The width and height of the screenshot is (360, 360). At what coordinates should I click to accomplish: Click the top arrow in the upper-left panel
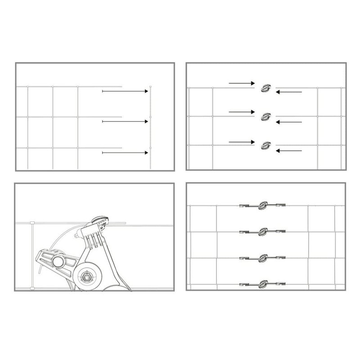pyautogui.click(x=126, y=91)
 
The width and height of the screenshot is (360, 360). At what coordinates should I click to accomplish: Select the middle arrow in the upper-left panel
pyautogui.click(x=126, y=121)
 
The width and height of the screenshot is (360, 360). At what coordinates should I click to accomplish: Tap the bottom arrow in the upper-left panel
pyautogui.click(x=126, y=153)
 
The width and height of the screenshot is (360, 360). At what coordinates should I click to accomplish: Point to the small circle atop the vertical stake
pyautogui.click(x=150, y=85)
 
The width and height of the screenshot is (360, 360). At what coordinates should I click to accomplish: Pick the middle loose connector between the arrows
pyautogui.click(x=266, y=116)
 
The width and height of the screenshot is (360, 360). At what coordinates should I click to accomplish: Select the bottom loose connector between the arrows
pyautogui.click(x=266, y=145)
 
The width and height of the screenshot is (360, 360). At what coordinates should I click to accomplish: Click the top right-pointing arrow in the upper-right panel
pyautogui.click(x=242, y=83)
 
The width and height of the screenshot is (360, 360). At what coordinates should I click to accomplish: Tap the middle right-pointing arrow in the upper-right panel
pyautogui.click(x=242, y=112)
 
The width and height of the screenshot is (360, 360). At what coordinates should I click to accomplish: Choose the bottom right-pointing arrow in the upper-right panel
pyautogui.click(x=242, y=142)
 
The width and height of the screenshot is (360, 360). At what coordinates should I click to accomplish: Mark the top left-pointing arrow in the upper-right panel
pyautogui.click(x=288, y=92)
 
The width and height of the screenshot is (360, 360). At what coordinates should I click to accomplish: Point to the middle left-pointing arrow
pyautogui.click(x=288, y=121)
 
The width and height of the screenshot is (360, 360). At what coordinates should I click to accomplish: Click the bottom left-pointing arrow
pyautogui.click(x=288, y=150)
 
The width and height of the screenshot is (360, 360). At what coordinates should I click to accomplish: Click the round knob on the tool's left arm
pyautogui.click(x=58, y=263)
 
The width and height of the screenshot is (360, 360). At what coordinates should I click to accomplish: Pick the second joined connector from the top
pyautogui.click(x=263, y=232)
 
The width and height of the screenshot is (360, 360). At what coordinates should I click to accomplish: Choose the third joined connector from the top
pyautogui.click(x=263, y=258)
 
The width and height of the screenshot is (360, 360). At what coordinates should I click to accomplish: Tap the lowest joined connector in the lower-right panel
pyautogui.click(x=263, y=283)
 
